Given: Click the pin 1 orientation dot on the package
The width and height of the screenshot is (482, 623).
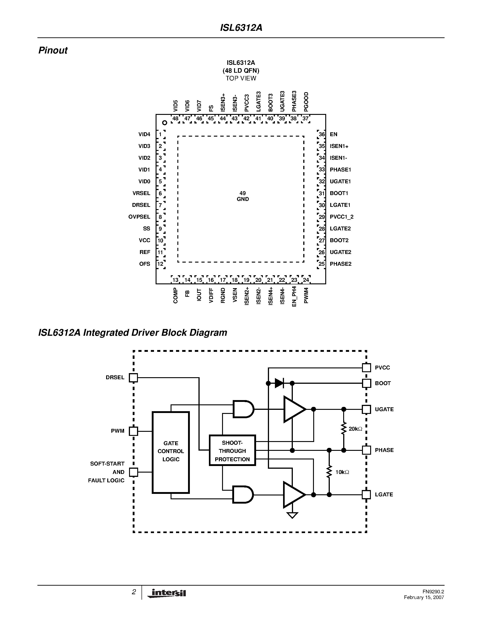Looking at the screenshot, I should (x=164, y=123).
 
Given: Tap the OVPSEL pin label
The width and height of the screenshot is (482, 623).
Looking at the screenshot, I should (x=139, y=217).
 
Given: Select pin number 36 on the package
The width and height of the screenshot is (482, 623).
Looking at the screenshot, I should (x=322, y=134).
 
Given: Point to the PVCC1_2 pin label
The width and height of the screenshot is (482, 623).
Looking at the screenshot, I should (x=342, y=217).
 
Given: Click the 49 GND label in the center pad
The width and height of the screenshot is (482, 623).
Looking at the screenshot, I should (x=243, y=196).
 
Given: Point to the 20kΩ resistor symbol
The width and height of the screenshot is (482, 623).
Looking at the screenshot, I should (x=344, y=429).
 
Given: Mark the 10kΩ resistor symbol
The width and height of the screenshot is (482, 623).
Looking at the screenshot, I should (x=329, y=472).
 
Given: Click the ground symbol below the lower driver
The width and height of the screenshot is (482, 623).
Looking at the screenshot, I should (x=292, y=515).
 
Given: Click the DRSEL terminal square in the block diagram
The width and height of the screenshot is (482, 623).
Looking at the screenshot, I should (x=133, y=378).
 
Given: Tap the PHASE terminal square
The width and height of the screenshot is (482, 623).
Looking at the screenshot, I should (x=366, y=450).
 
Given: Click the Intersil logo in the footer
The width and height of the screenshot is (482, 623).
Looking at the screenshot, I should (x=167, y=593).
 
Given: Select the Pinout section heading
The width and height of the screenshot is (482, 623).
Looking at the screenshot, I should (x=53, y=51).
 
